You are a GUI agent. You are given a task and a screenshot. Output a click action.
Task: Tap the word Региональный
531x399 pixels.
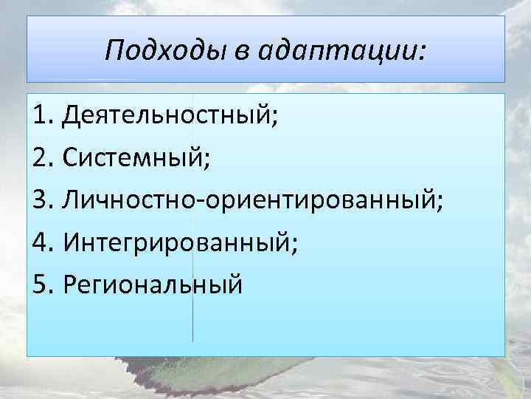tap(153, 284)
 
